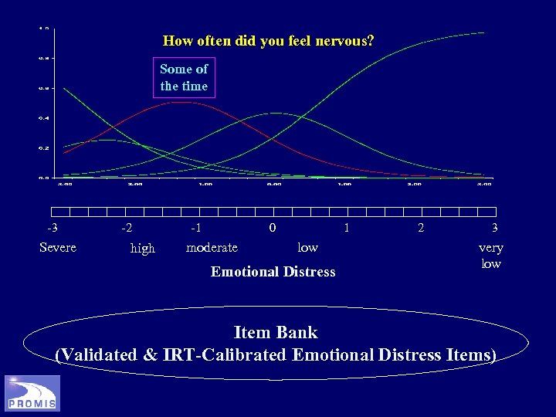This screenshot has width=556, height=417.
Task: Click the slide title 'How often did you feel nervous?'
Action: [269, 40]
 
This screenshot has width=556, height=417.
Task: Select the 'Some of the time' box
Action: [184, 78]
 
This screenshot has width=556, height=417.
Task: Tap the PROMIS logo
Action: [32, 392]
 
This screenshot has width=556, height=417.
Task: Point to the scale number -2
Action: [127, 228]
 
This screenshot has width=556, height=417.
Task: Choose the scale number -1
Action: [196, 228]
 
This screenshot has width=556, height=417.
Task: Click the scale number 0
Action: [272, 228]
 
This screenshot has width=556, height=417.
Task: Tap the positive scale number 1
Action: [347, 228]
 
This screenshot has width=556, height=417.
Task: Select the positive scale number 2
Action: [420, 228]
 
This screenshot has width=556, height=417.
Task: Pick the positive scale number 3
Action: [494, 228]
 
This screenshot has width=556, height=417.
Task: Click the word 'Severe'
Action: [58, 247]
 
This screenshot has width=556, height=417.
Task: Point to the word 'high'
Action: [143, 248]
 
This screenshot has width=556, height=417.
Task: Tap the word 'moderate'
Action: [212, 247]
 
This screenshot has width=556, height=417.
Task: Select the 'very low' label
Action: [491, 256]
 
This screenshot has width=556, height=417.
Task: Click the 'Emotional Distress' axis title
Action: [273, 271]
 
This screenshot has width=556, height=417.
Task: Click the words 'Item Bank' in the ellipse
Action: [276, 333]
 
